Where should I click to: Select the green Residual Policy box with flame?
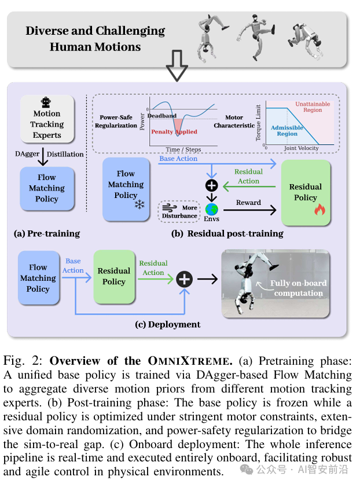pos(306,192)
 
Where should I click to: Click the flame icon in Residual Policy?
pos(319,210)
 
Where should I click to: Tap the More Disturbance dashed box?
pos(180,211)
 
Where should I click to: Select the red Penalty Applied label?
pos(174,132)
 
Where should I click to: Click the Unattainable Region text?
pos(313,107)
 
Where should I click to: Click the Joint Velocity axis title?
pos(301,149)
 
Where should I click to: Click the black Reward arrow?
pos(249,210)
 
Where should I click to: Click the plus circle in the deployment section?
pos(184,279)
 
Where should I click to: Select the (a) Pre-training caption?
pos(47,234)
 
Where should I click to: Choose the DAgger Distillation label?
pos(49,154)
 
